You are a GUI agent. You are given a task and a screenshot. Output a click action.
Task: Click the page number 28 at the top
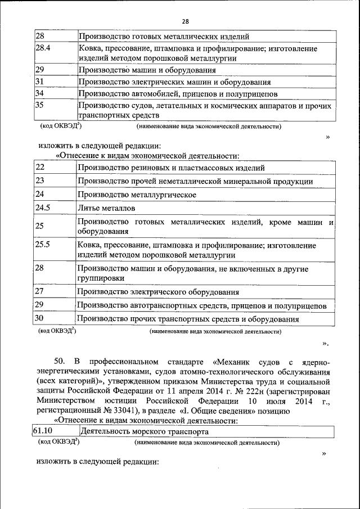coord(185,21)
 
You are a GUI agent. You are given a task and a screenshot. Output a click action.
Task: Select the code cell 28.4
coord(43,49)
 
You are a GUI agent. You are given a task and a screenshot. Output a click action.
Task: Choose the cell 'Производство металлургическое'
coord(136,195)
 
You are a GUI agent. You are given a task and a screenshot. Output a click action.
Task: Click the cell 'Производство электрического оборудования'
coord(158,292)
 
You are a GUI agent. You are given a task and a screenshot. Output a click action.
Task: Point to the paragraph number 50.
coord(61,361)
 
